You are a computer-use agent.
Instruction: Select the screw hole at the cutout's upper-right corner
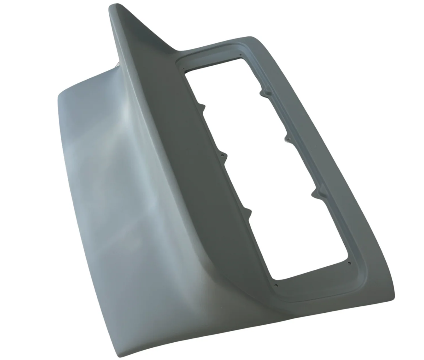(241, 55)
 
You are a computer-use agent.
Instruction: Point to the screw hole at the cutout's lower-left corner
(276, 285)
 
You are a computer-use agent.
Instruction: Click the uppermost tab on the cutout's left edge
(203, 107)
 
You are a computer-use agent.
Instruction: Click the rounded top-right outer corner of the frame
(255, 39)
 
